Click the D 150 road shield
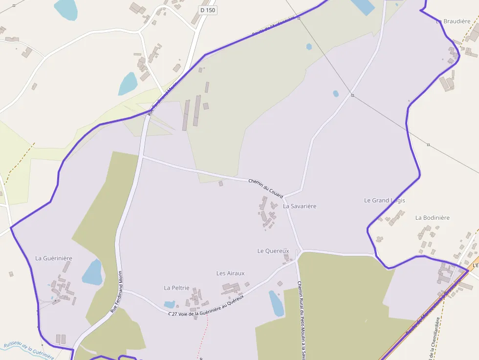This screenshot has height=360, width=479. coord(208,10)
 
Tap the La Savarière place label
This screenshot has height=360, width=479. coord(300,206)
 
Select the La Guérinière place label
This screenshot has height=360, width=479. coord(54,258)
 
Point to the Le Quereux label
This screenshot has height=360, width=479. coord(273,251)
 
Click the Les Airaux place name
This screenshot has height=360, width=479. coord(230,273)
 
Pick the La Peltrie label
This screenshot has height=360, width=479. coord(176,288)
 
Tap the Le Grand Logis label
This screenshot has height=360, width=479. coord(385,200)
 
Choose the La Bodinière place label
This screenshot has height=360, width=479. coord(432,217)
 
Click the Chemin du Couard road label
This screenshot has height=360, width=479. coord(265,188)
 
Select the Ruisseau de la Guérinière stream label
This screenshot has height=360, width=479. coord(28,351)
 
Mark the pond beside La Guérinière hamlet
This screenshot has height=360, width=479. coord(92,272)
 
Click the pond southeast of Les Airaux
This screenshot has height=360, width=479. coord(276,303)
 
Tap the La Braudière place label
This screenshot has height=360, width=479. coord(453,21)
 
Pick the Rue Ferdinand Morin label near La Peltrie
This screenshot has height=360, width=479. coord(116,292)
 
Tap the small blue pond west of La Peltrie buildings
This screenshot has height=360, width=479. coord(170,304)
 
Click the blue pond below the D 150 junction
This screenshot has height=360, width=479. coord(128,84)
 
